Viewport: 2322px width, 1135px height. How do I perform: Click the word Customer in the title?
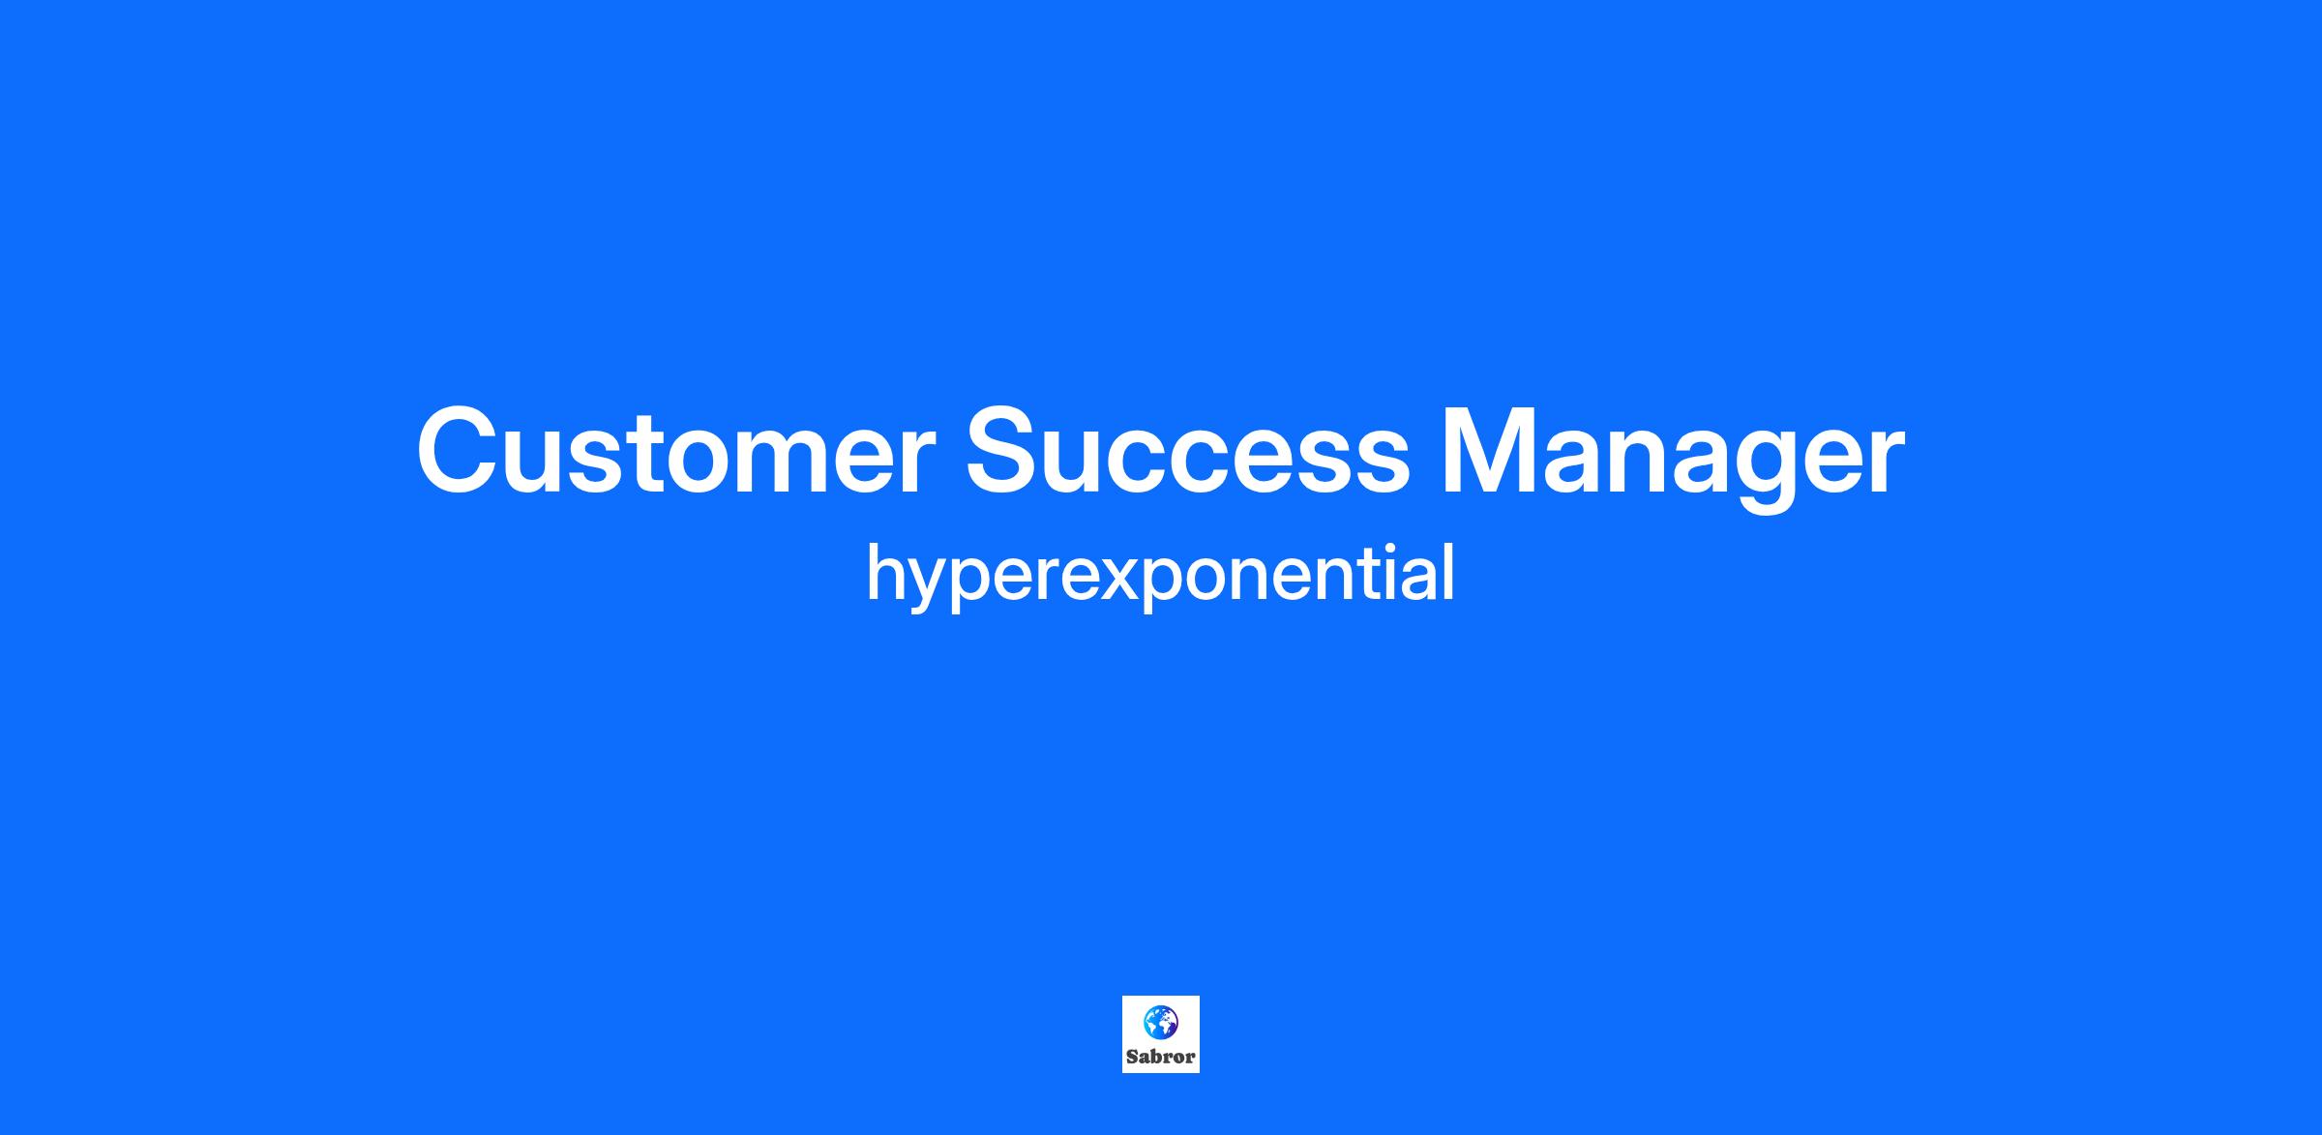pyautogui.click(x=676, y=451)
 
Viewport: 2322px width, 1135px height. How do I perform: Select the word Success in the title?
pyautogui.click(x=1188, y=451)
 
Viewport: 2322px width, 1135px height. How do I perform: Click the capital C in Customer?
pyautogui.click(x=454, y=451)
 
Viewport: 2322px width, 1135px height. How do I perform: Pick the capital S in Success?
pyautogui.click(x=1004, y=451)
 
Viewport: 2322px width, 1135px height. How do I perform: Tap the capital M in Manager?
pyautogui.click(x=1488, y=452)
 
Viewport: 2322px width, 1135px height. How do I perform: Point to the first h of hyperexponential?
pyautogui.click(x=884, y=572)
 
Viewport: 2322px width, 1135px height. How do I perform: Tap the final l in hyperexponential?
pyautogui.click(x=1449, y=571)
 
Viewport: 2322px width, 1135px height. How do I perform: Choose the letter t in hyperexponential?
pyautogui.click(x=1369, y=576)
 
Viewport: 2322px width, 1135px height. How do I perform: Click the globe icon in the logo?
pyautogui.click(x=1160, y=1023)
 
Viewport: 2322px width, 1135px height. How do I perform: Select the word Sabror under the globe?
pyautogui.click(x=1160, y=1057)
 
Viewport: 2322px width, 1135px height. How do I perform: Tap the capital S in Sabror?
pyautogui.click(x=1132, y=1057)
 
